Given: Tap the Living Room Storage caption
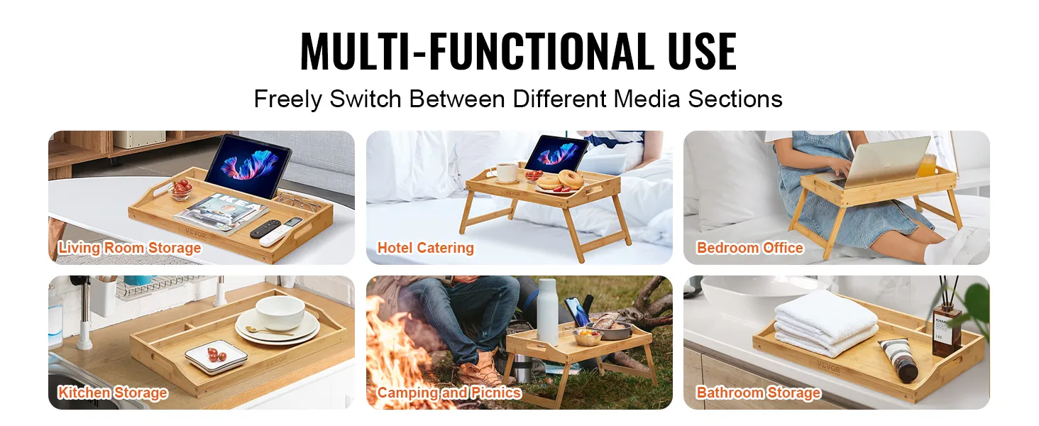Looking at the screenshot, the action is tap(129, 248).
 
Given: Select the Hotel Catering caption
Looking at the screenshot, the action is tap(425, 248).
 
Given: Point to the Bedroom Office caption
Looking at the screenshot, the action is tap(749, 248).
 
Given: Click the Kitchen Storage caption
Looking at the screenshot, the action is tap(112, 393).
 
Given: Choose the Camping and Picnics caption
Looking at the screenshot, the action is tap(449, 393).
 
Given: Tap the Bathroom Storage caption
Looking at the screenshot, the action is tap(759, 393).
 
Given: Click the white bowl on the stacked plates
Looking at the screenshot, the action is tap(280, 313).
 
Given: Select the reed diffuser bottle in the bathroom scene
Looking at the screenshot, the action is tap(947, 330).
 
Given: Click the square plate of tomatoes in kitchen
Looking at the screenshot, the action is tap(216, 356).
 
